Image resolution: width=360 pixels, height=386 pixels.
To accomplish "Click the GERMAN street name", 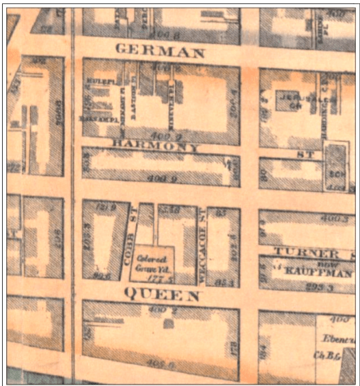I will [x=160, y=51].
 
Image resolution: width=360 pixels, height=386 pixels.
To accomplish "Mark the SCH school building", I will [x=335, y=167].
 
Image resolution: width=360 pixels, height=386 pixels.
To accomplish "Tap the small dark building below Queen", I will [x=167, y=323].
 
